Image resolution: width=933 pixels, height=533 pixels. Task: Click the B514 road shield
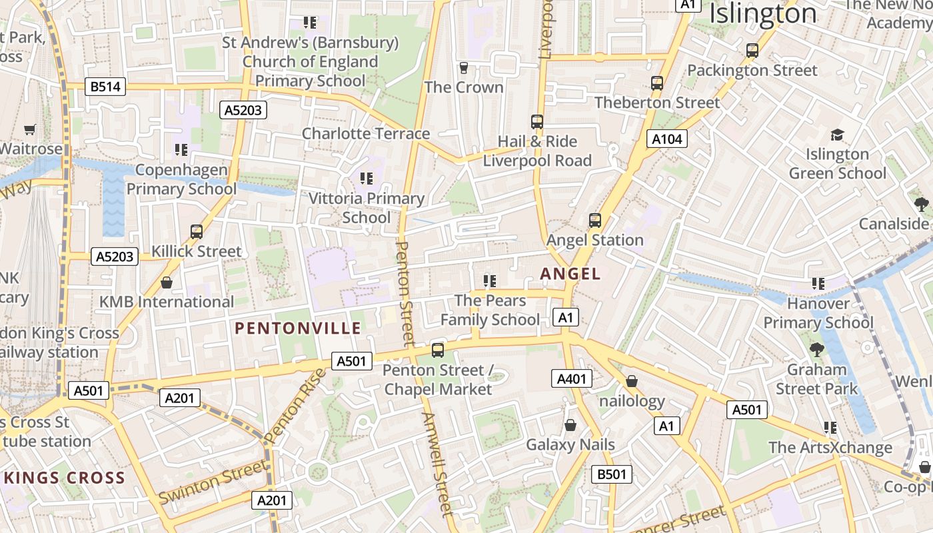coord(106,87)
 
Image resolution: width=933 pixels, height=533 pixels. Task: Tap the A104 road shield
coord(667,139)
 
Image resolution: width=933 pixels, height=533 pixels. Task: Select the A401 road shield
coord(572,379)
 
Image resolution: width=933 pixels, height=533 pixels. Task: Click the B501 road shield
coord(612,474)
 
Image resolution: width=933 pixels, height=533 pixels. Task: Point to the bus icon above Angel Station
coord(595,220)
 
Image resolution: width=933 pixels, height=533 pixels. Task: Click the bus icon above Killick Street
coord(197,232)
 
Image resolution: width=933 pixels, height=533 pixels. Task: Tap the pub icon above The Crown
coord(464,67)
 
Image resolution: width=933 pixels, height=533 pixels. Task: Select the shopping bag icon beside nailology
coord(632,381)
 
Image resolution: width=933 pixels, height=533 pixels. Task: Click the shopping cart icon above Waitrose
coord(29,129)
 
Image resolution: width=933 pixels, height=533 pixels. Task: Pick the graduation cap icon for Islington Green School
coord(837,135)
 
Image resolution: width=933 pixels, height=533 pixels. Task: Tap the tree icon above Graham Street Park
coord(816,349)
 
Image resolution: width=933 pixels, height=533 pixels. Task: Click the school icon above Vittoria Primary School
coord(366,179)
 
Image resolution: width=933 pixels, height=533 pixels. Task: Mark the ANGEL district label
coord(570,274)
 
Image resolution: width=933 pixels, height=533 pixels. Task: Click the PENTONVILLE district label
coord(298,328)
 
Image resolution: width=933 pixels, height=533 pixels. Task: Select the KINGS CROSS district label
coord(64,478)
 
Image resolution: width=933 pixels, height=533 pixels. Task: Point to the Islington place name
coord(763,13)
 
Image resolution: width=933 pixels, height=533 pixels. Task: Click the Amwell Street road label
coord(437,464)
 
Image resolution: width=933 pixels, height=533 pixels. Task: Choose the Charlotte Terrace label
coord(366,133)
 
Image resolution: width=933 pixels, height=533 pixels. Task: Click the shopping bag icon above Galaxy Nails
coord(570,425)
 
